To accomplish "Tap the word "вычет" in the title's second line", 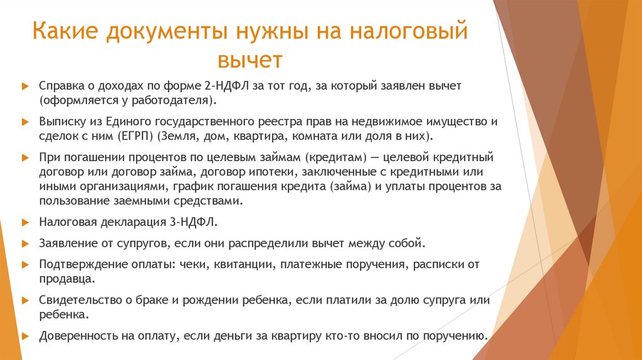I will pyautogui.click(x=250, y=61).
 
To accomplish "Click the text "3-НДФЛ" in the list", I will pyautogui.click(x=187, y=222).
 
